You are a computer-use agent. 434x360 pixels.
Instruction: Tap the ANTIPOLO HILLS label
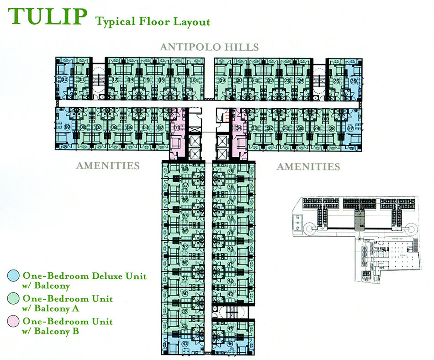point(209,47)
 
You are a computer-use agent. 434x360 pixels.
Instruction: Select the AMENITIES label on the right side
point(308,166)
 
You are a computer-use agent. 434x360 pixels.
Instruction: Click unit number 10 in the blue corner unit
point(65,79)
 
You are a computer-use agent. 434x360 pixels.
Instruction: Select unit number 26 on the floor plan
point(353,80)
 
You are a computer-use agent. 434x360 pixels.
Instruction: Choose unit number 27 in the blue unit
point(350,128)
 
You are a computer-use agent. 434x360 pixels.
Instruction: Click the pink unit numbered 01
point(177,128)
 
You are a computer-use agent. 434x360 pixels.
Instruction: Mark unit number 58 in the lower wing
point(185,169)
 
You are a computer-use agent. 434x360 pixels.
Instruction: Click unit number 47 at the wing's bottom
point(185,344)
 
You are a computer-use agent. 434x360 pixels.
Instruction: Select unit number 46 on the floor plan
point(230,344)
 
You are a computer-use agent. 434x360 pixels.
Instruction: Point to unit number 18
point(193,80)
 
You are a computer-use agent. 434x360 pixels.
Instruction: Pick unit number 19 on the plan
point(222,80)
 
